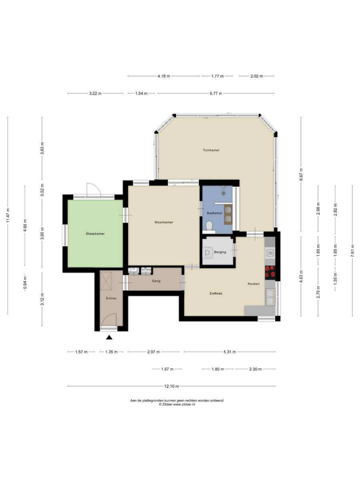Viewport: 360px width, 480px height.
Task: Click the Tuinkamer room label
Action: (211, 150)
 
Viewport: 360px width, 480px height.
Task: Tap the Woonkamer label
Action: (164, 222)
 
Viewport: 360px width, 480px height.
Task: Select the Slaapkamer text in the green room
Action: (95, 234)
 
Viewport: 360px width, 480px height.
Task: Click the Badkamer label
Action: (215, 213)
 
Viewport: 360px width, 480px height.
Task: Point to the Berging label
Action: (220, 252)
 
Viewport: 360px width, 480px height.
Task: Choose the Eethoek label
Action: (216, 293)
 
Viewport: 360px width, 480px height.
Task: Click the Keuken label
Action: (254, 284)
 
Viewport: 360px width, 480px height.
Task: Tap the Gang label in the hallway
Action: (156, 281)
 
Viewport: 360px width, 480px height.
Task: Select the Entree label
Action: (111, 298)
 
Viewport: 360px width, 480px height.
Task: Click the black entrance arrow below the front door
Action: (109, 338)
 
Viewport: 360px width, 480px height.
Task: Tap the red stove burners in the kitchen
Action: (270, 272)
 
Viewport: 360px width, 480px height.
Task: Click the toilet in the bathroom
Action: (209, 226)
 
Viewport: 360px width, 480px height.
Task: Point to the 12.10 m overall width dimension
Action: (171, 386)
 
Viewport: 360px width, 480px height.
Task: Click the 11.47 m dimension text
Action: (8, 216)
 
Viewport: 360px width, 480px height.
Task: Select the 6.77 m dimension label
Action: (216, 93)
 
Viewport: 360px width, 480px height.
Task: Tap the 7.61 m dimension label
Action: (352, 251)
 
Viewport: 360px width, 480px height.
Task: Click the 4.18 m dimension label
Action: (164, 76)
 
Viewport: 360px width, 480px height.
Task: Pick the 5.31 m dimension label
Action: (230, 352)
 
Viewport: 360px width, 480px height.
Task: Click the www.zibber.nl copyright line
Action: (177, 404)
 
